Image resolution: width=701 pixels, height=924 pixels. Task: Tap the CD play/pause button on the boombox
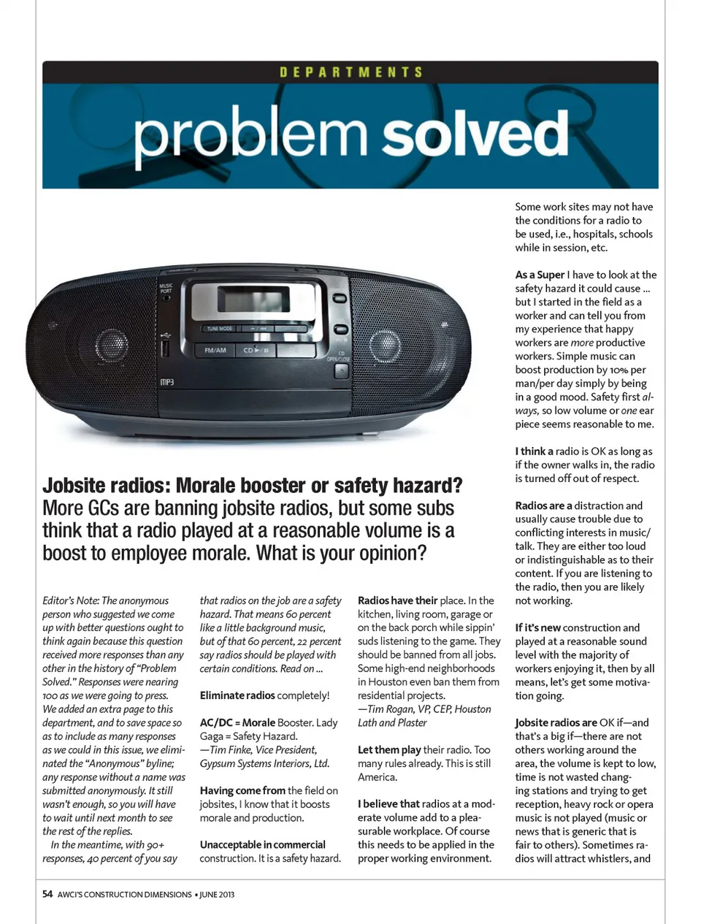[256, 351]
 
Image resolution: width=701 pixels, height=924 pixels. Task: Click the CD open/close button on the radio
[341, 371]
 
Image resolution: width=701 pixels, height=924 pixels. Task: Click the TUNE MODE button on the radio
[219, 329]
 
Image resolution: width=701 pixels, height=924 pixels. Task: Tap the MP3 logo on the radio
[166, 382]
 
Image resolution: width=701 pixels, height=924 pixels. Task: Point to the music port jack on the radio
[166, 298]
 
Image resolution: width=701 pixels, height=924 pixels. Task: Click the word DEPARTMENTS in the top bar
[350, 72]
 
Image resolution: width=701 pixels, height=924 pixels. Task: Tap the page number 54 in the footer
[47, 894]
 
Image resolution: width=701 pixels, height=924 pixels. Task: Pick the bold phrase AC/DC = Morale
[237, 722]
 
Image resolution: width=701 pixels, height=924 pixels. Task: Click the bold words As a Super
[540, 275]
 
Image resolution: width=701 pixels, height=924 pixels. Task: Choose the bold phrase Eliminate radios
[237, 695]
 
